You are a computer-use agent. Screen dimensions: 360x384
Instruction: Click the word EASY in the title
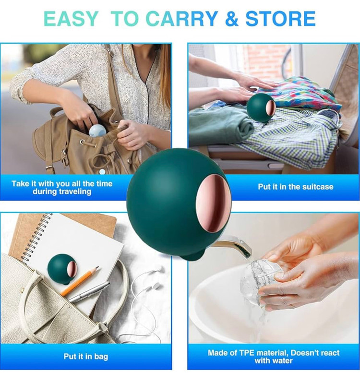pyautogui.click(x=71, y=18)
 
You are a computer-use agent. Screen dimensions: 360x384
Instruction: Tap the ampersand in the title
pyautogui.click(x=231, y=18)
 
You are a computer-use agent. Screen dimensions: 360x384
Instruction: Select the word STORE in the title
pyautogui.click(x=280, y=18)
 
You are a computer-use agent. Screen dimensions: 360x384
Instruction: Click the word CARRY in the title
pyautogui.click(x=182, y=18)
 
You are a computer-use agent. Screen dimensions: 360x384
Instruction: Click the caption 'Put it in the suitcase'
pyautogui.click(x=296, y=187)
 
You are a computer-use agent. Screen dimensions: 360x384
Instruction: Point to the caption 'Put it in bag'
pyautogui.click(x=86, y=356)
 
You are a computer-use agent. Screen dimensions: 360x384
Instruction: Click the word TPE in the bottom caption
pyautogui.click(x=247, y=353)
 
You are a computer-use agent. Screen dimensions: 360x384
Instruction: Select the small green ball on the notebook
pyautogui.click(x=62, y=269)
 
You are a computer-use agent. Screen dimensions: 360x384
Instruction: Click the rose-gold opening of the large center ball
pyautogui.click(x=213, y=202)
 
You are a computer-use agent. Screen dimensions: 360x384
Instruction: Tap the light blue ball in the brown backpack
pyautogui.click(x=97, y=131)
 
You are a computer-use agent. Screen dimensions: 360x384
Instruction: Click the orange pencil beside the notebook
pyautogui.click(x=80, y=281)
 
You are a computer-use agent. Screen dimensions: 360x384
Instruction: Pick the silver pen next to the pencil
pyautogui.click(x=89, y=292)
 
